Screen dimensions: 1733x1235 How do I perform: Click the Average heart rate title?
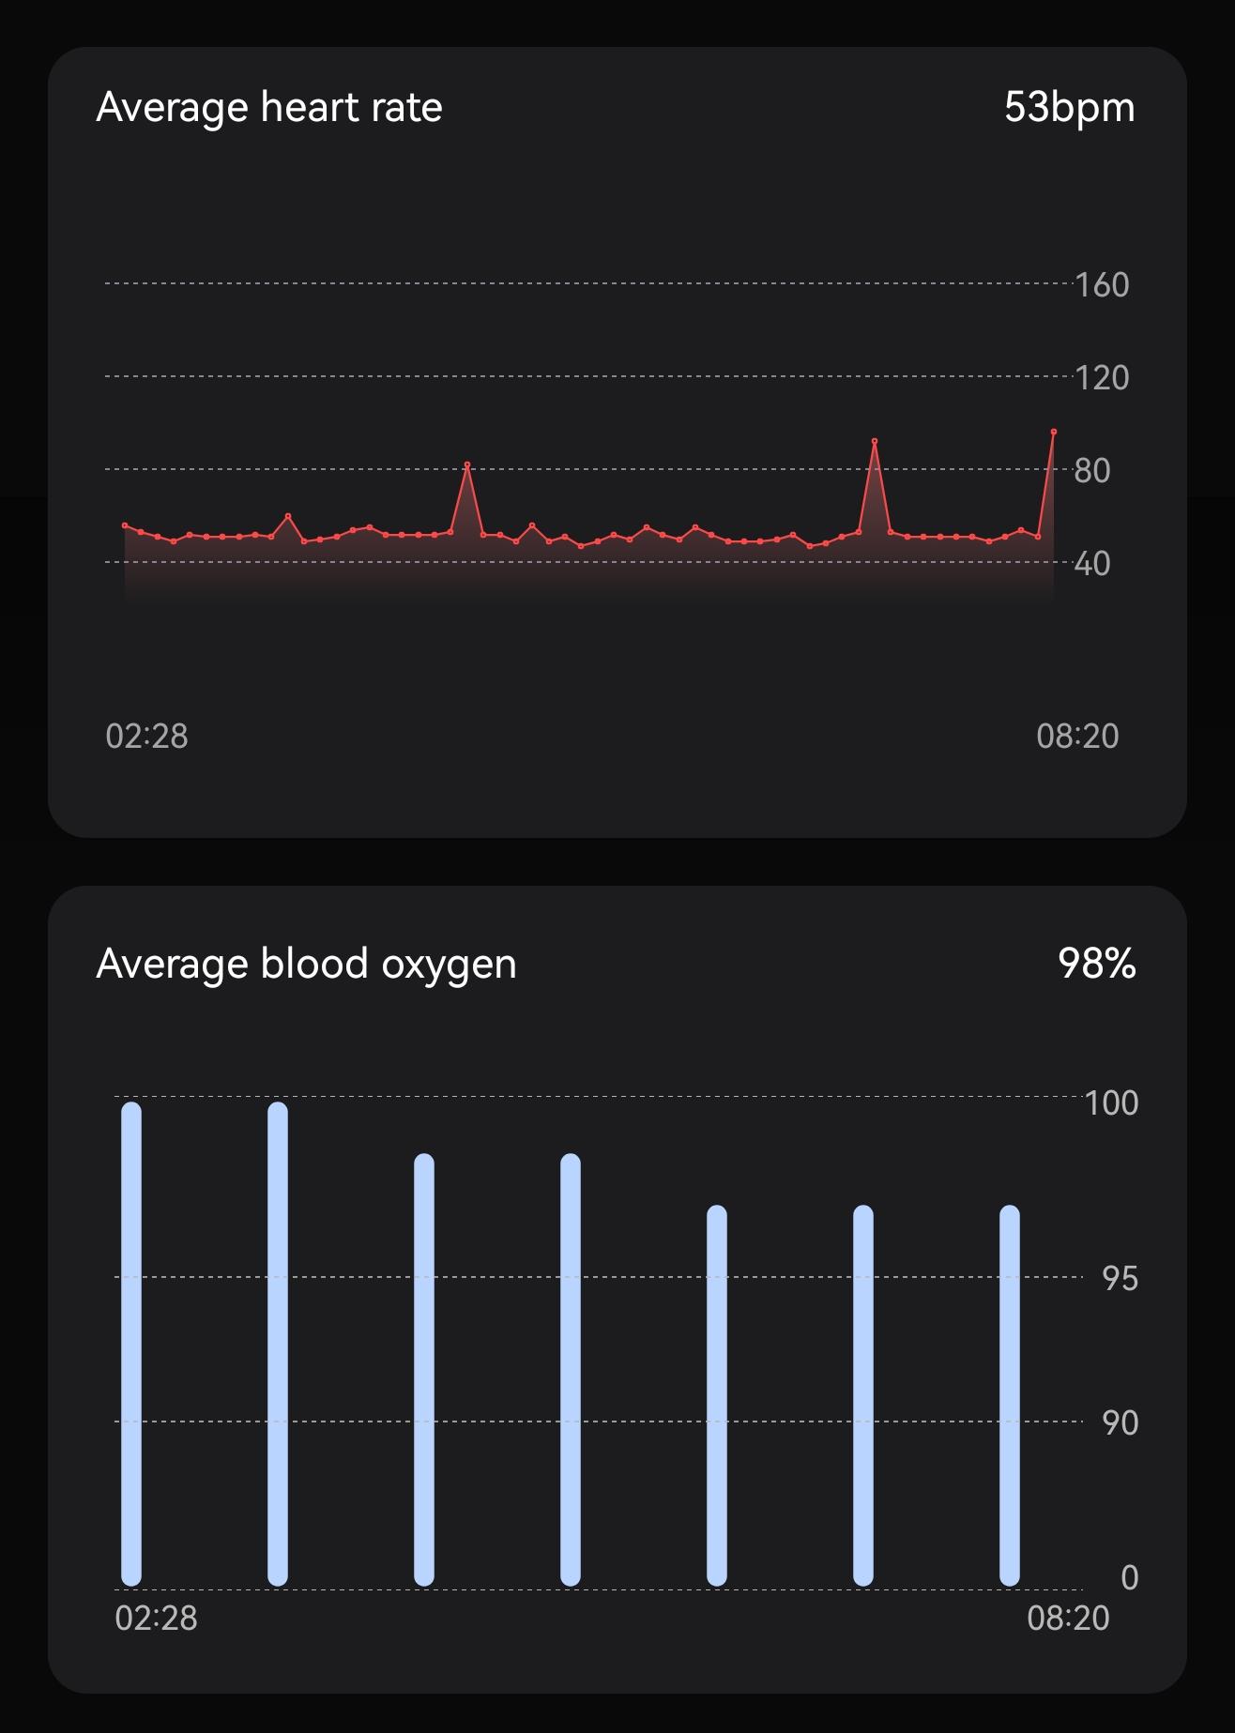point(269,107)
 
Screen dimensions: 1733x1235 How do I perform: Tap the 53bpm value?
point(1069,107)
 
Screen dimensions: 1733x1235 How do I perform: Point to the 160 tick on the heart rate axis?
point(1102,284)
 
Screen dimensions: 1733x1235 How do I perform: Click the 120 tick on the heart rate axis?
point(1102,377)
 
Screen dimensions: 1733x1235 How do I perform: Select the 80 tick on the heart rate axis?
point(1092,470)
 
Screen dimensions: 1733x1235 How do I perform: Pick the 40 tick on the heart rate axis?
point(1092,563)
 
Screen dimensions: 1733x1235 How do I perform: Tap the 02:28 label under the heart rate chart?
point(146,737)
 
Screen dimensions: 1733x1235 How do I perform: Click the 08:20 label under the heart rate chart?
point(1077,737)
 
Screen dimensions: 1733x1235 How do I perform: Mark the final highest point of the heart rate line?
point(1054,432)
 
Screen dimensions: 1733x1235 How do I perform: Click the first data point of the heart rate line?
point(125,525)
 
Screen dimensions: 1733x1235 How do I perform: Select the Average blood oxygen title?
point(306,964)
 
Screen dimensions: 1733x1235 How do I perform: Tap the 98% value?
point(1096,964)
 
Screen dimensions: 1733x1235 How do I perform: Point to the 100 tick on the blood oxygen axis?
point(1112,1102)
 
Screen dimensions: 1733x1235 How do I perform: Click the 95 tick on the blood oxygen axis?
point(1120,1279)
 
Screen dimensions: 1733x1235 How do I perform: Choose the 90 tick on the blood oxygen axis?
point(1120,1423)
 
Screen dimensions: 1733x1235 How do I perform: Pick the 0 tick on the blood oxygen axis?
point(1130,1578)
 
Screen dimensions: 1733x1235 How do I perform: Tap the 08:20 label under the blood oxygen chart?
point(1068,1619)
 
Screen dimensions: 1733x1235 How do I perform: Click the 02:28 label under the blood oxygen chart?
point(156,1619)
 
